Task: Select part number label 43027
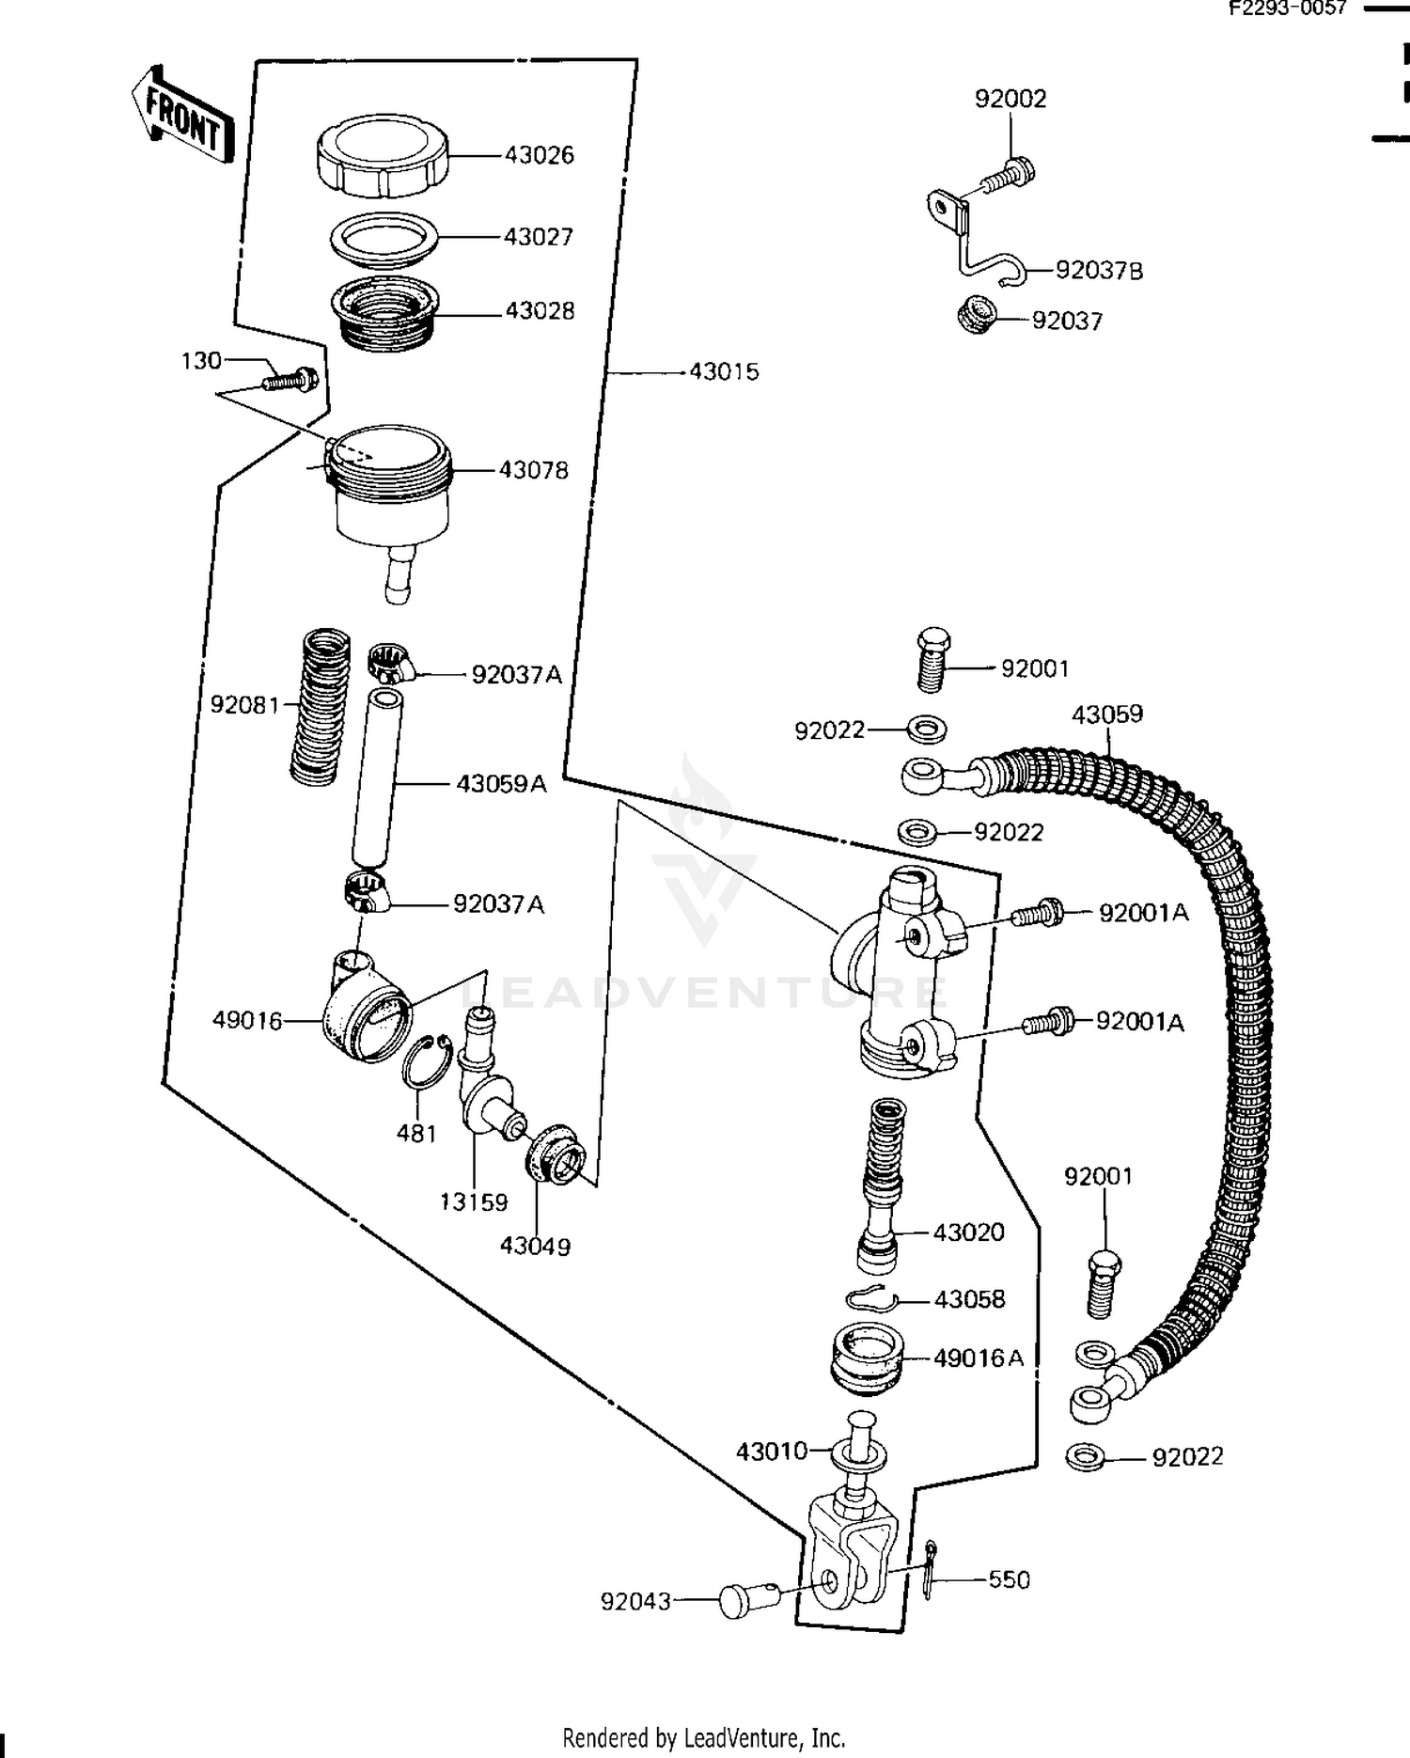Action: pyautogui.click(x=538, y=237)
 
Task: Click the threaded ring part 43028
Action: pyautogui.click(x=385, y=314)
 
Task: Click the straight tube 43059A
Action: pyautogui.click(x=376, y=777)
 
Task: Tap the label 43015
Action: pyautogui.click(x=723, y=372)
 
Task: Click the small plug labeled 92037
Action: pyautogui.click(x=977, y=315)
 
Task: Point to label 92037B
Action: pyautogui.click(x=1099, y=272)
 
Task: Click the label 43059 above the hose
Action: pyautogui.click(x=1107, y=714)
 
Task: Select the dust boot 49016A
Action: pyautogui.click(x=867, y=1358)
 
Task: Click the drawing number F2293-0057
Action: pyautogui.click(x=1289, y=9)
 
